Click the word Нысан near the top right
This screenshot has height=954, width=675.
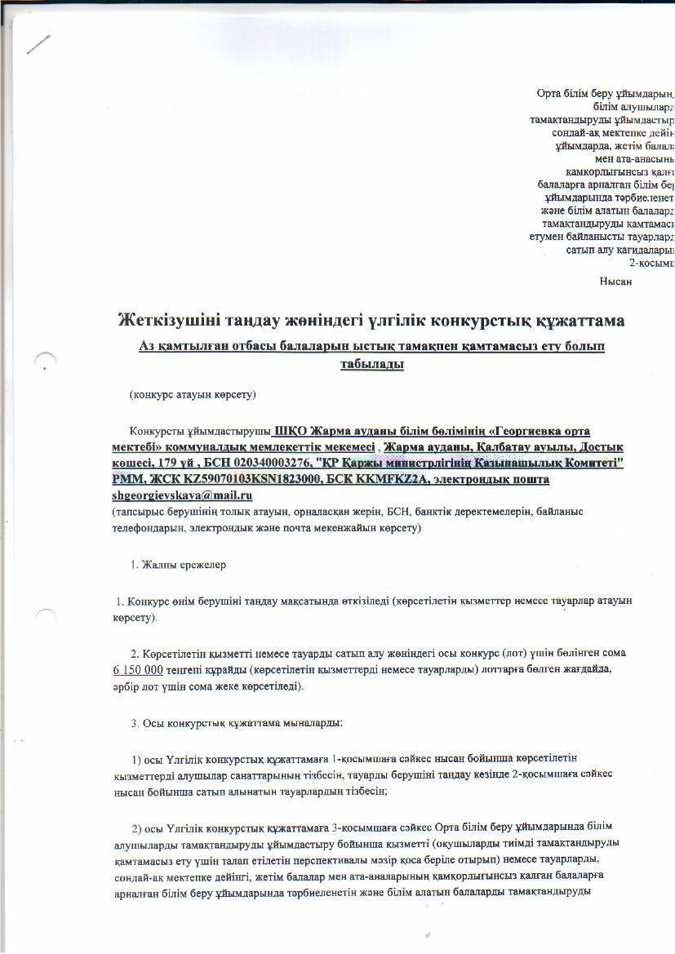[x=615, y=281]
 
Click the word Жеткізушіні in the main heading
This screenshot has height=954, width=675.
[x=166, y=321]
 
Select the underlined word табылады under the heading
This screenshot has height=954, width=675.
[x=372, y=364]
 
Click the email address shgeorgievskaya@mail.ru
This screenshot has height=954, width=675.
[x=182, y=495]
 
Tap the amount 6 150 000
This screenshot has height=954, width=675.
[x=138, y=670]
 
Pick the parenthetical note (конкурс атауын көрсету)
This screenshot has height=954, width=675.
[x=193, y=395]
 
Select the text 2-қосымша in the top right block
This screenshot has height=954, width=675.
[x=651, y=264]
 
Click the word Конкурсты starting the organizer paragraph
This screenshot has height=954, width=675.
[x=156, y=431]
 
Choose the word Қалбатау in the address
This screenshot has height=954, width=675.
[x=504, y=447]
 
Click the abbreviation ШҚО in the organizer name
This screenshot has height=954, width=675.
[x=290, y=431]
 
